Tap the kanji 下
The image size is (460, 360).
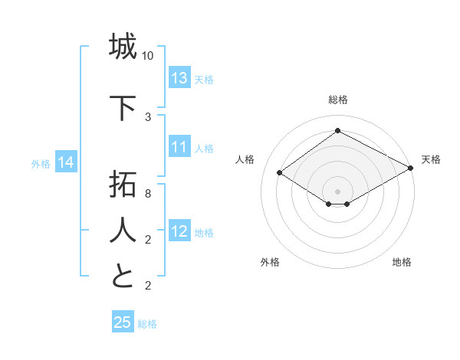pos(123,108)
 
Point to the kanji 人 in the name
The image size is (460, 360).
pos(123,231)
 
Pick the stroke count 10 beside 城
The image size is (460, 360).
pos(148,57)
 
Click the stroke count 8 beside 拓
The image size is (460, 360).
pos(148,194)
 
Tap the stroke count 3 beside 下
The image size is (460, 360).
pos(148,117)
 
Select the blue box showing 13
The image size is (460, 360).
pos(179,78)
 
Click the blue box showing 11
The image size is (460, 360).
pos(179,147)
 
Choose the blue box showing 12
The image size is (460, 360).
pos(179,231)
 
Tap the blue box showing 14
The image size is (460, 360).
pos(66,162)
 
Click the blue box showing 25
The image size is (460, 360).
pos(123,322)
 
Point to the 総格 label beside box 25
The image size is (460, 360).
pos(147,324)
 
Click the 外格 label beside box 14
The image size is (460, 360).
pos(41,163)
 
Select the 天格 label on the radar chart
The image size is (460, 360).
pos(431,159)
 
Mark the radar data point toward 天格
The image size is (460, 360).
pos(411,168)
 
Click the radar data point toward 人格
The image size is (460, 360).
pos(280,173)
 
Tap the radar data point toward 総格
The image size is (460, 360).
pos(337,130)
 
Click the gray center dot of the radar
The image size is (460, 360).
pos(337,190)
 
